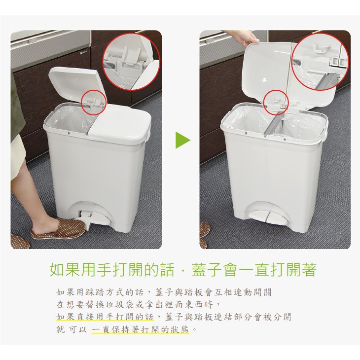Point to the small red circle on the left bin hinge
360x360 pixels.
click(94, 101)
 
